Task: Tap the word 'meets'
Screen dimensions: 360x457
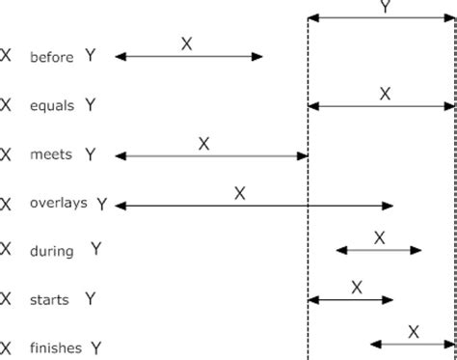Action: click(x=49, y=154)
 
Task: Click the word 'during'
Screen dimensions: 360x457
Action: click(x=51, y=251)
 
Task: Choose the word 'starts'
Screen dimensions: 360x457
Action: click(x=49, y=299)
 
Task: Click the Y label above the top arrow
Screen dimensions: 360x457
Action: click(x=387, y=6)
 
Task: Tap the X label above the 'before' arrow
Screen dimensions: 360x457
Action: click(x=187, y=42)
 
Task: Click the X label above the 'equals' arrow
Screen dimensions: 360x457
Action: click(x=385, y=93)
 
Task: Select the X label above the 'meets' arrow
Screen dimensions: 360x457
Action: click(x=203, y=143)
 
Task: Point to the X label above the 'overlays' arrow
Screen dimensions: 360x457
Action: click(x=239, y=192)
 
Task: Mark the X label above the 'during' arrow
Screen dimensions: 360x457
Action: click(x=379, y=237)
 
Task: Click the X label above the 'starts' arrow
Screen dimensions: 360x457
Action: click(x=356, y=286)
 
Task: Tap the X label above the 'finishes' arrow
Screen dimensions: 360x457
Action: click(x=413, y=331)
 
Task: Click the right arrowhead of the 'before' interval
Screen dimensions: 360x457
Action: click(x=257, y=57)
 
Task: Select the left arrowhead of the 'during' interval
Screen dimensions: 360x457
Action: click(x=340, y=250)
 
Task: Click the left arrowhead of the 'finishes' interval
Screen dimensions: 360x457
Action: click(x=375, y=344)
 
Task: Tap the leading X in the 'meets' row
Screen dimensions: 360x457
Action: click(x=8, y=154)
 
